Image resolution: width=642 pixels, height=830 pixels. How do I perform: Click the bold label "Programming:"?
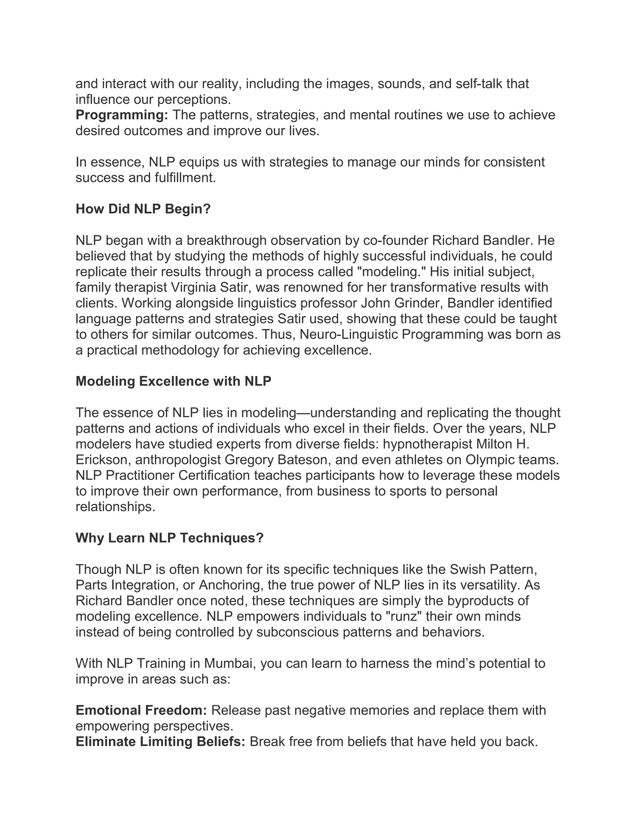(122, 115)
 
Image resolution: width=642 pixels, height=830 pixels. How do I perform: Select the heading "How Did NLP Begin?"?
(143, 209)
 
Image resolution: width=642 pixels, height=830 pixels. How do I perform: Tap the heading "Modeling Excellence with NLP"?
(173, 381)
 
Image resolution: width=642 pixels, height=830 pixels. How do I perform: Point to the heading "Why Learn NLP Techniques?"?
(170, 538)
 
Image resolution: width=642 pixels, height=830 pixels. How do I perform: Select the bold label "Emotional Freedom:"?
(141, 710)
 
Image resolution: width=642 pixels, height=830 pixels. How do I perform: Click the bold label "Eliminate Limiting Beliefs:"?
(160, 741)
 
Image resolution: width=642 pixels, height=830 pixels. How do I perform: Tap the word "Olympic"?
(490, 460)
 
